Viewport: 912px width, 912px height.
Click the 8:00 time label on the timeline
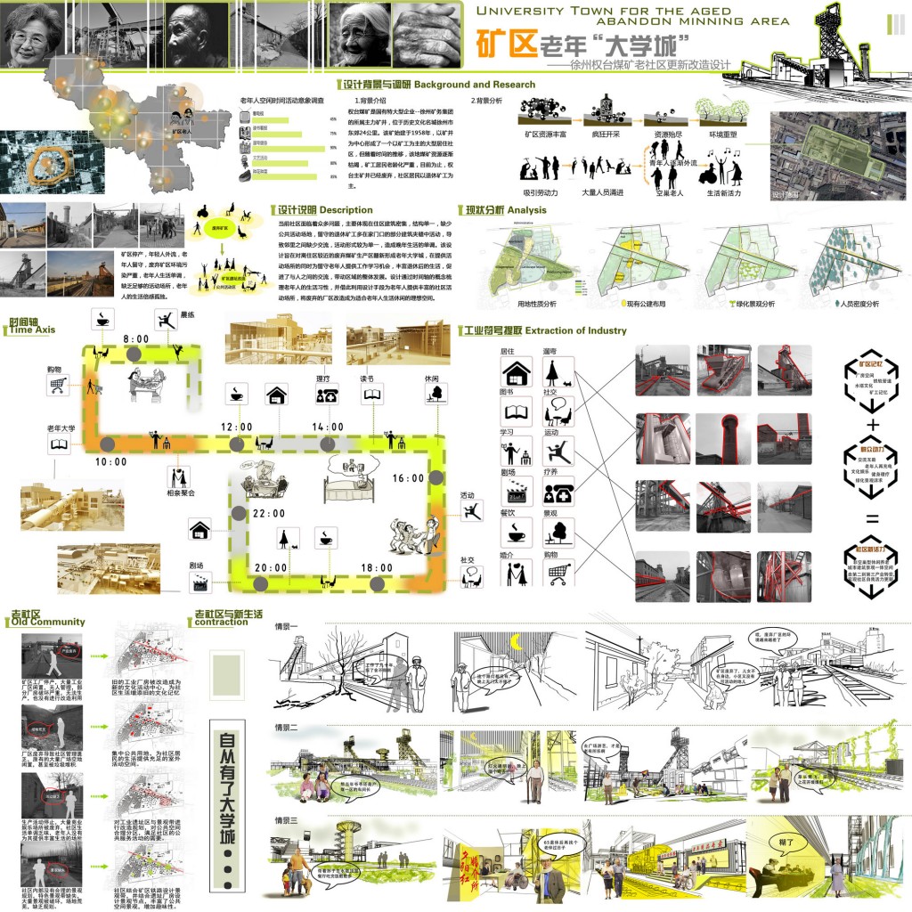click(x=136, y=339)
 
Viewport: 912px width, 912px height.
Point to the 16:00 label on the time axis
click(x=408, y=478)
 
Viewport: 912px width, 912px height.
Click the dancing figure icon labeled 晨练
click(x=165, y=319)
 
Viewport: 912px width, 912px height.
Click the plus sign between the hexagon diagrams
click(x=872, y=426)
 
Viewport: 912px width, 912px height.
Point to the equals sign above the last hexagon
click(x=872, y=519)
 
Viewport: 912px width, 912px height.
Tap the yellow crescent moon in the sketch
click(x=516, y=640)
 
